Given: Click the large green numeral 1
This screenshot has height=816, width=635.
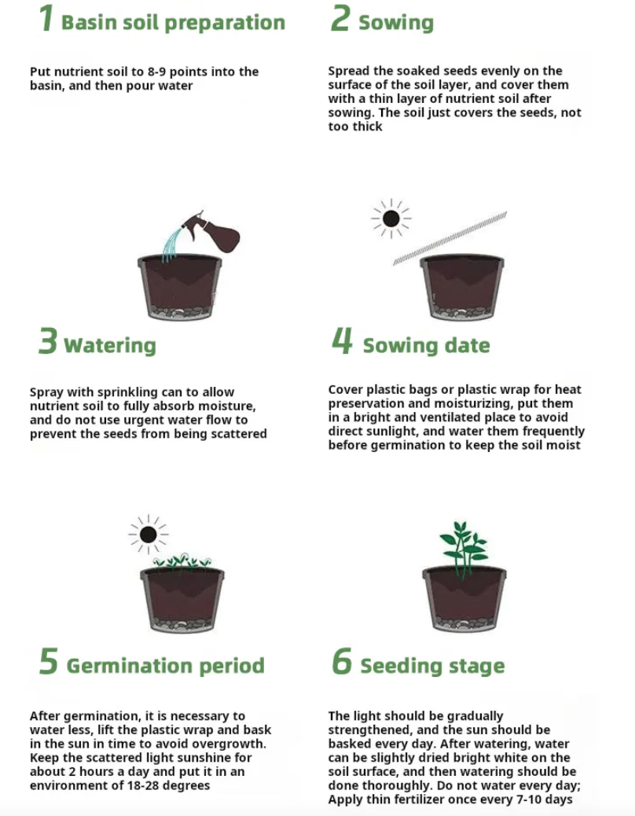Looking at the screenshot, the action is pyautogui.click(x=46, y=18).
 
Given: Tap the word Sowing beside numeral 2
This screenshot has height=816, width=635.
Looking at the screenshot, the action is pyautogui.click(x=396, y=23).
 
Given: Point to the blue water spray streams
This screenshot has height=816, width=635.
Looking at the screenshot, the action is pyautogui.click(x=173, y=242).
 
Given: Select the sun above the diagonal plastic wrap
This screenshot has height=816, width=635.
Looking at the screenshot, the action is pyautogui.click(x=391, y=219).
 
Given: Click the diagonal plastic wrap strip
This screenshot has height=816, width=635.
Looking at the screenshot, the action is pyautogui.click(x=450, y=239).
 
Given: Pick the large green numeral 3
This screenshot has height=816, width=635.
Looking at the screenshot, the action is pyautogui.click(x=48, y=341).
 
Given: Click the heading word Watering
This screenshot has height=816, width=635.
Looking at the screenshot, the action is pyautogui.click(x=110, y=345).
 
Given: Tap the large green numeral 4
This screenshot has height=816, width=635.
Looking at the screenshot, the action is pyautogui.click(x=342, y=341).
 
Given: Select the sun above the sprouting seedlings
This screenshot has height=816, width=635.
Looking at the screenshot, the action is pyautogui.click(x=149, y=535).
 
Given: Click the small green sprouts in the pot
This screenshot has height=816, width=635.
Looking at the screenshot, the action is pyautogui.click(x=182, y=561).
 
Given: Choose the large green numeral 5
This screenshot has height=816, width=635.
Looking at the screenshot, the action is pyautogui.click(x=49, y=661).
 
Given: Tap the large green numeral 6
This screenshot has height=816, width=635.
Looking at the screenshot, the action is pyautogui.click(x=342, y=661).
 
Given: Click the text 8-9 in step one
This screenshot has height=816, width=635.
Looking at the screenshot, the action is pyautogui.click(x=156, y=72).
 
